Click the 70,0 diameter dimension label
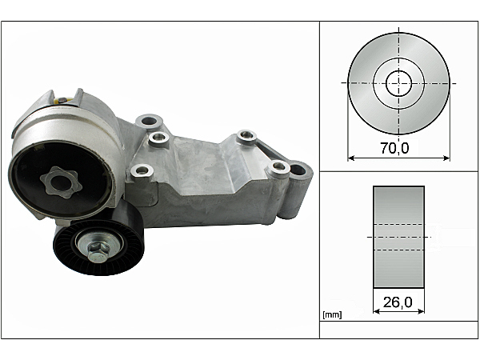tap(398, 148)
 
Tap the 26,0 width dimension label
tap(398, 303)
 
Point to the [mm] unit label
tap(331, 314)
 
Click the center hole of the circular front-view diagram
tap(398, 82)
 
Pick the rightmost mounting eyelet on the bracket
tap(299, 170)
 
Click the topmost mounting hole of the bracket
tap(146, 122)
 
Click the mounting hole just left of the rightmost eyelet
tap(278, 166)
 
